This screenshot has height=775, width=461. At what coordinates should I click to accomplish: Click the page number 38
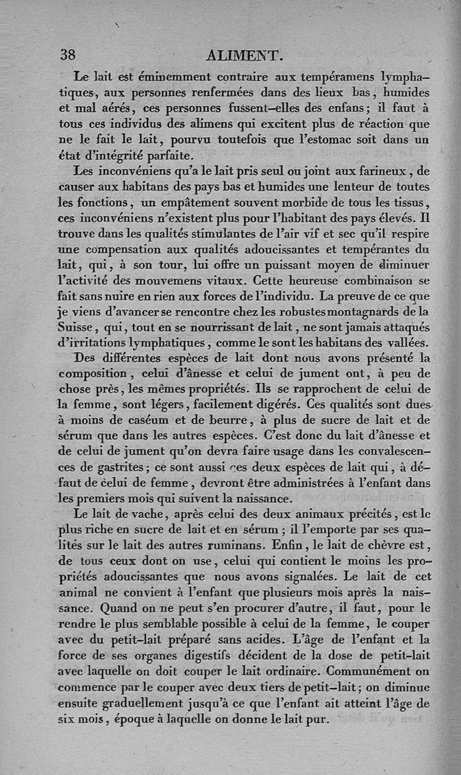pyautogui.click(x=68, y=55)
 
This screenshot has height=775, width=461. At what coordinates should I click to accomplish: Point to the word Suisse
pyautogui.click(x=77, y=328)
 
